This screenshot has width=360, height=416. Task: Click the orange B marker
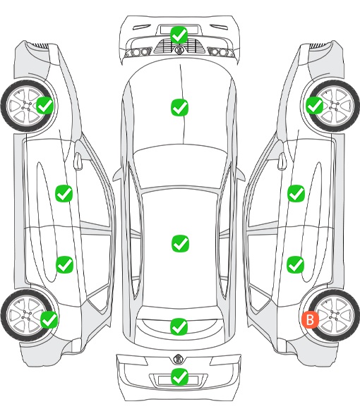pyautogui.click(x=310, y=319)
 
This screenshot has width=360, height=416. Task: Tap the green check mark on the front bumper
pyautogui.click(x=179, y=35)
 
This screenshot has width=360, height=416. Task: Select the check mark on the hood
pyautogui.click(x=179, y=107)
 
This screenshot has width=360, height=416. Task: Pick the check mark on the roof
pyautogui.click(x=181, y=243)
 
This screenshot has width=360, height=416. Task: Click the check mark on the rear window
pyautogui.click(x=179, y=326)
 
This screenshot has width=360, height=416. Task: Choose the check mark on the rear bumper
pyautogui.click(x=179, y=377)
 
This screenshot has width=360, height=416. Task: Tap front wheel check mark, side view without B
pyautogui.click(x=45, y=106)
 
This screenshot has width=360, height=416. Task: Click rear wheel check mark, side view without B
pyautogui.click(x=49, y=319)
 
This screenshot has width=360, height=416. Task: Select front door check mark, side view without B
pyautogui.click(x=64, y=193)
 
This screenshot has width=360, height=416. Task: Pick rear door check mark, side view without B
pyautogui.click(x=64, y=264)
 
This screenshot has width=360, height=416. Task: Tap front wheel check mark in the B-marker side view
pyautogui.click(x=315, y=105)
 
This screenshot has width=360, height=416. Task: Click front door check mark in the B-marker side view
pyautogui.click(x=296, y=193)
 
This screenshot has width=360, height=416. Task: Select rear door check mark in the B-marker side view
pyautogui.click(x=296, y=264)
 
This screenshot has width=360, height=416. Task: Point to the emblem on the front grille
pyautogui.click(x=179, y=49)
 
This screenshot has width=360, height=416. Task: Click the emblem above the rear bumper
pyautogui.click(x=178, y=359)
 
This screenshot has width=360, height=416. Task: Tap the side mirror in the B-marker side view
pyautogui.click(x=282, y=161)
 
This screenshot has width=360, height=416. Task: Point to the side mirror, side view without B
pyautogui.click(x=78, y=161)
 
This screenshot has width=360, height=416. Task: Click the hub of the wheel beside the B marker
pyautogui.click(x=334, y=315)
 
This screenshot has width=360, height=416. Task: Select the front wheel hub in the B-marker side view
pyautogui.click(x=333, y=106)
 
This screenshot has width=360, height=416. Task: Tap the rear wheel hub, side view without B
pyautogui.click(x=27, y=315)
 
